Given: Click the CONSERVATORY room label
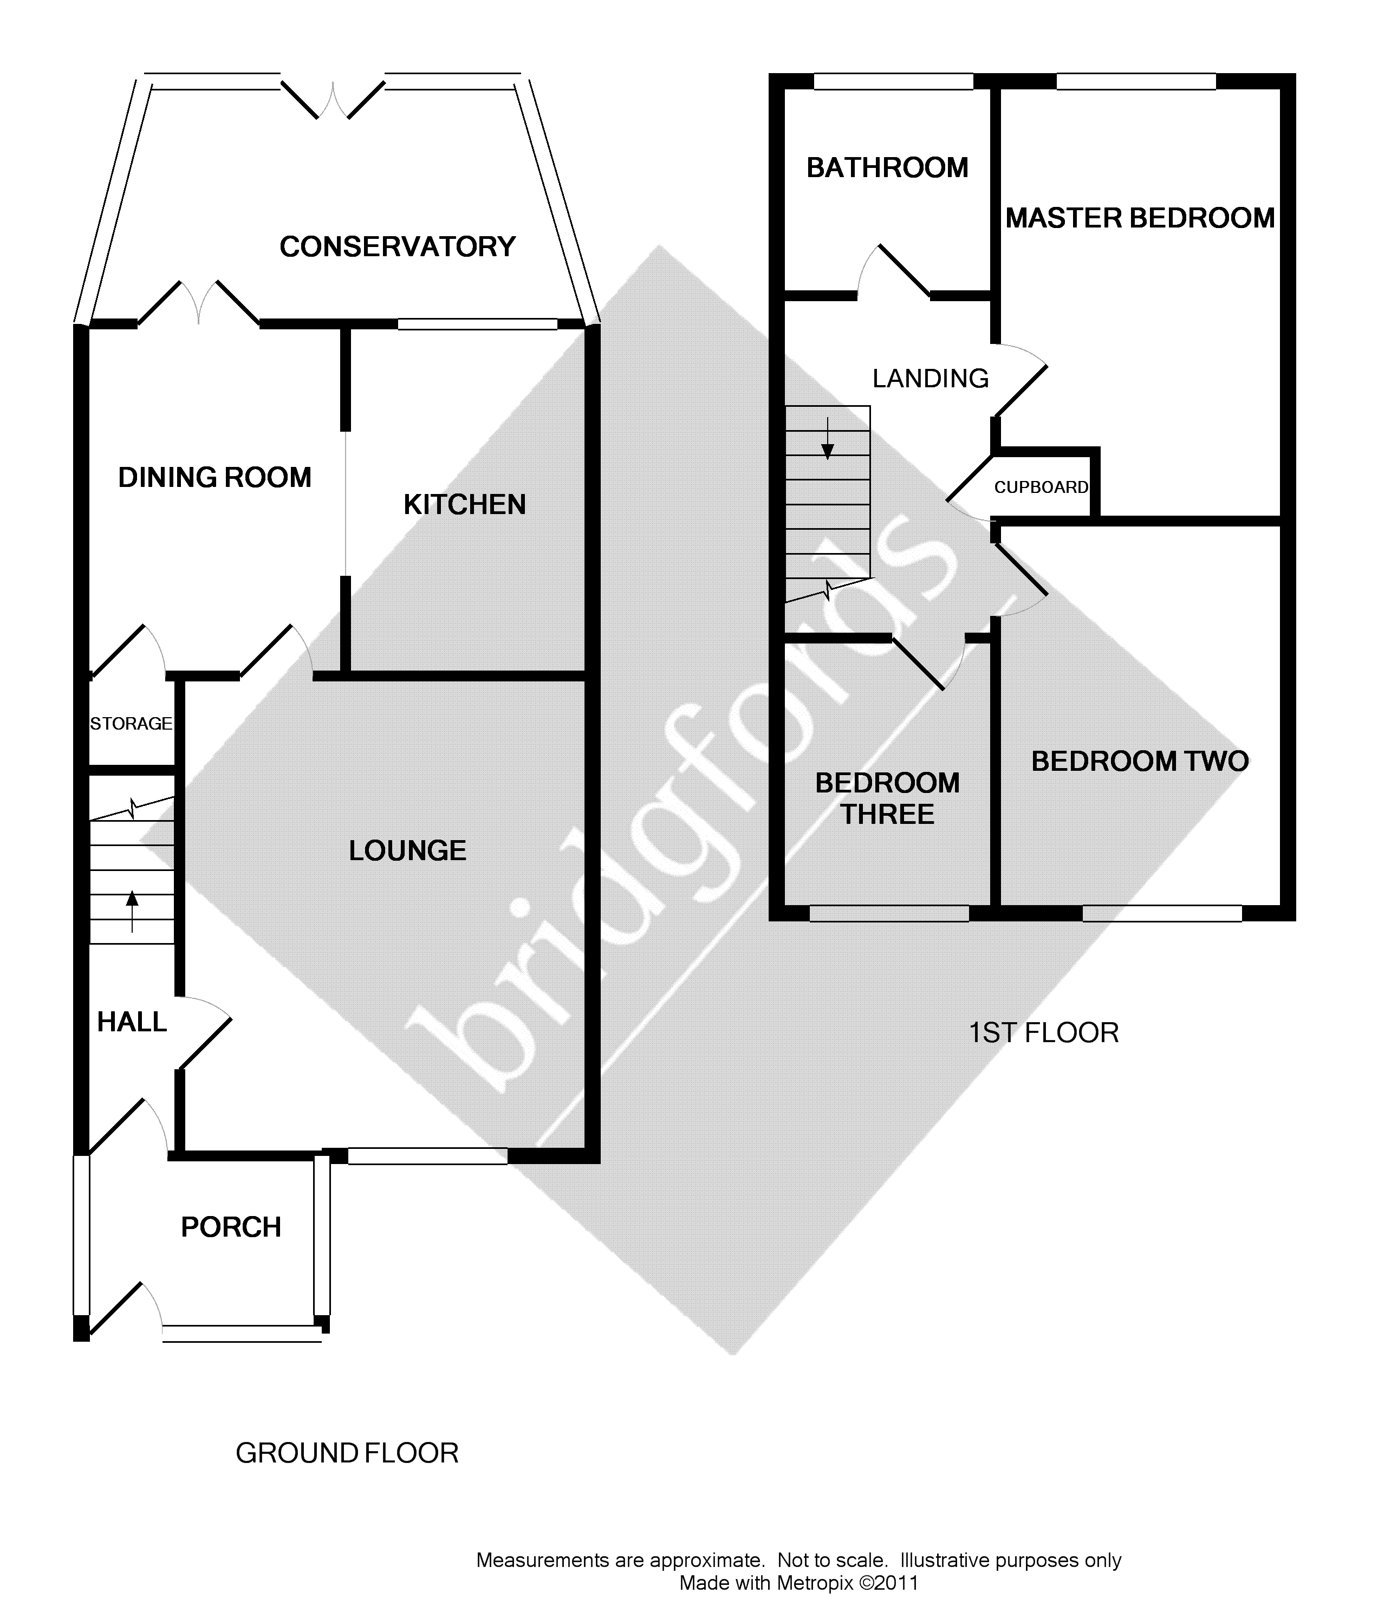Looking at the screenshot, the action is (398, 247).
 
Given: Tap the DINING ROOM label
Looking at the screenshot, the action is (215, 477).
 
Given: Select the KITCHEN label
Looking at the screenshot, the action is (465, 505).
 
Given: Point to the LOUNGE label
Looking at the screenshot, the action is (407, 851).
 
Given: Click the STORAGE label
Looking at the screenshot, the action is (131, 724).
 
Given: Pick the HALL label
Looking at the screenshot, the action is (132, 1022).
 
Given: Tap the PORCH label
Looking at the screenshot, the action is (231, 1227).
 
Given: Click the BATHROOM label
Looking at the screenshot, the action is (887, 168).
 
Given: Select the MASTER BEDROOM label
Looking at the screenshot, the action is (1140, 218).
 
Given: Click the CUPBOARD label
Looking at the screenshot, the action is (1042, 487).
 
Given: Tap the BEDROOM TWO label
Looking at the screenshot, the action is (1140, 762).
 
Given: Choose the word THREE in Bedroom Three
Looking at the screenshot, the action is (888, 814).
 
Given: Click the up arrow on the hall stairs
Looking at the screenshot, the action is (132, 911).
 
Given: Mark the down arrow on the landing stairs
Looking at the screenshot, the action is (828, 439).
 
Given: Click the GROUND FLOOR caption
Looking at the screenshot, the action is (347, 1453).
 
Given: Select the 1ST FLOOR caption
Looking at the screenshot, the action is (1044, 1033).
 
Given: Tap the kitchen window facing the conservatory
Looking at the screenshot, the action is (477, 324).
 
